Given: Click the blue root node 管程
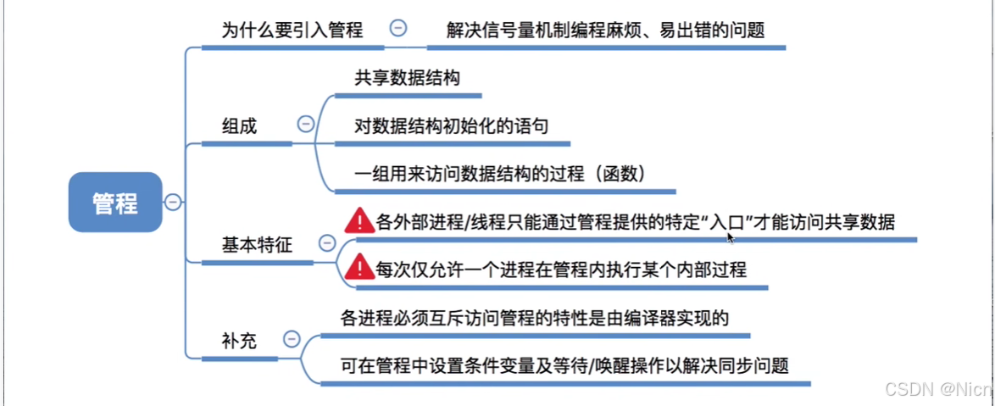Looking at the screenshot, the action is point(114,203).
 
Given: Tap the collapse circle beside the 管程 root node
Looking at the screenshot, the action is point(173,203).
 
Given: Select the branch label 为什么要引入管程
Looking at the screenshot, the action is point(292,31).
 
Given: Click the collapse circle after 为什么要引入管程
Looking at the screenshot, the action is point(397,28).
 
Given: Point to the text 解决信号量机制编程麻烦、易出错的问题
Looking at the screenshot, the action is point(606,31).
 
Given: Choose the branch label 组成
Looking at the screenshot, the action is point(239,126).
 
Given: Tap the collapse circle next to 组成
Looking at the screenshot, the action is point(305,124).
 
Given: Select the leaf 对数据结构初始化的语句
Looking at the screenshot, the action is point(452,126).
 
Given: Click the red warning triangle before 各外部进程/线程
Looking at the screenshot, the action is point(359,221).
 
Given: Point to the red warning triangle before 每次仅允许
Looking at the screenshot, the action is point(359,269).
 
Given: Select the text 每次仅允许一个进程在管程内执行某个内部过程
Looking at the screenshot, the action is point(560,270).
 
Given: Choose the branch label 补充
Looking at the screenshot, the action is point(238,342).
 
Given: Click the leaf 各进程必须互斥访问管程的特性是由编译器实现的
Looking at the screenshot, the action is point(534,318).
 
